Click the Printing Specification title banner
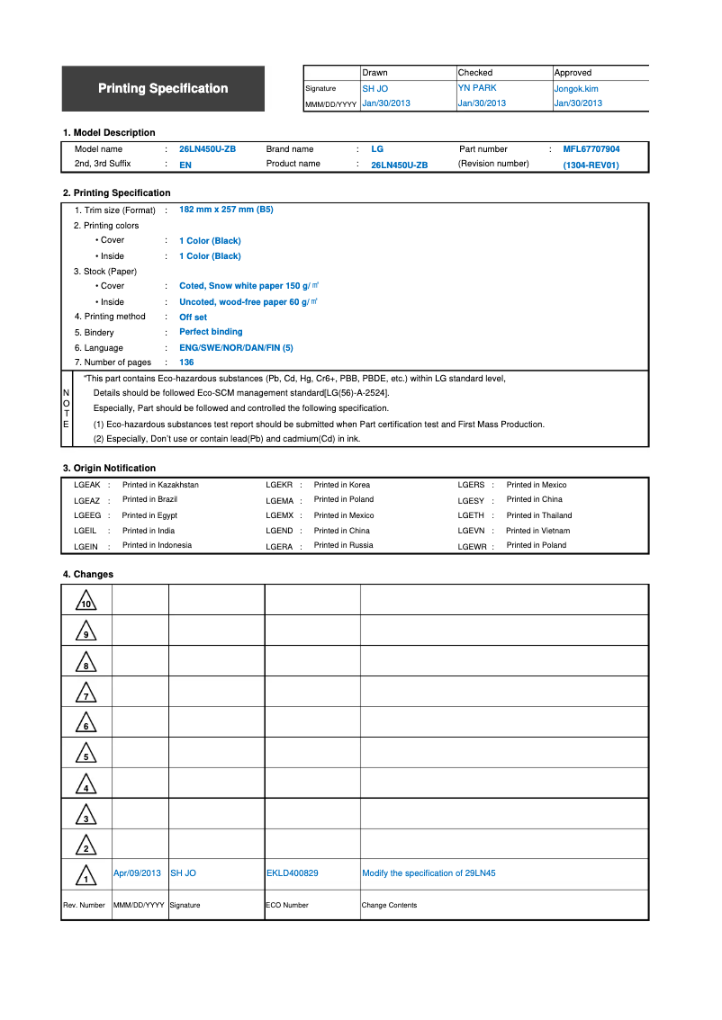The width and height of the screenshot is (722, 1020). (163, 88)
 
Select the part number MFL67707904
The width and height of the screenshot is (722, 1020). (591, 149)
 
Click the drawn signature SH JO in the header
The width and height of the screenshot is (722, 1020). (375, 89)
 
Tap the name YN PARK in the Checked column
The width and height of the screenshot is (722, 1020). (477, 88)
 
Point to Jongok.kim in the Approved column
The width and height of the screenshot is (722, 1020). (575, 89)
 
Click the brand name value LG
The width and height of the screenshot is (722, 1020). (377, 149)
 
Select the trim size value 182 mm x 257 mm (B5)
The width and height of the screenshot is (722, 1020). (226, 210)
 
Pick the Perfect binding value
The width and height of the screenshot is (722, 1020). (211, 332)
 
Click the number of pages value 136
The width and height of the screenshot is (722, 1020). (186, 362)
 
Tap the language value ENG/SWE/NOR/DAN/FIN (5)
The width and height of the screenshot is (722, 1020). (236, 348)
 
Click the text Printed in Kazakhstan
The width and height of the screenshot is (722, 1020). (160, 485)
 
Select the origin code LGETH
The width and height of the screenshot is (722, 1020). (471, 515)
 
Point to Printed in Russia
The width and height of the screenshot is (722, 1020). (343, 545)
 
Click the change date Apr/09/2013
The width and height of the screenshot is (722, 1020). (137, 873)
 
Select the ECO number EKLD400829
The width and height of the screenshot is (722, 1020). (292, 873)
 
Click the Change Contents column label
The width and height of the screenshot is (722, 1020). (389, 905)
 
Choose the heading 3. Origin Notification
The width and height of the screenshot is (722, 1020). (109, 468)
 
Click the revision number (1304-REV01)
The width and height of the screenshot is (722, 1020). (591, 166)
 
